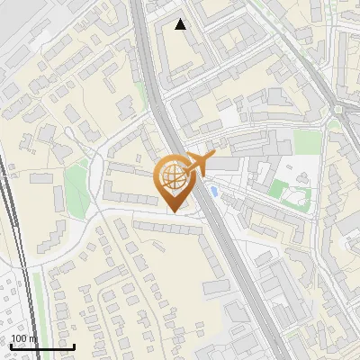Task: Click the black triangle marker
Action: click(x=181, y=24)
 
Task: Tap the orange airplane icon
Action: click(x=200, y=163)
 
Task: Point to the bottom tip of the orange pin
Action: click(x=174, y=211)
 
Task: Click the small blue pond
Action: click(x=212, y=191)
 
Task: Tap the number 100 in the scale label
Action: click(x=18, y=338)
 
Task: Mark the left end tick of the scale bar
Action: click(x=10, y=346)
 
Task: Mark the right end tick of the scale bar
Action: click(x=74, y=346)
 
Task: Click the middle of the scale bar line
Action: click(x=41, y=346)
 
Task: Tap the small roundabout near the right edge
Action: click(x=341, y=110)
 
